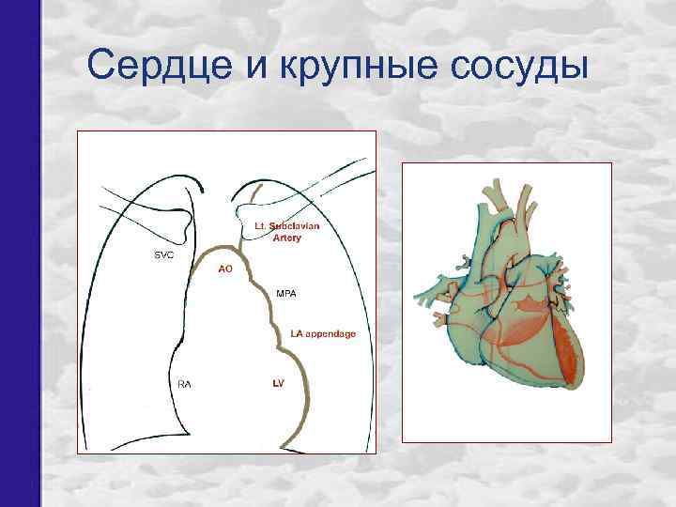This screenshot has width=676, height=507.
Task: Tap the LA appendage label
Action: pos(322,334)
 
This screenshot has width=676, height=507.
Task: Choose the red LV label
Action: pos(278,384)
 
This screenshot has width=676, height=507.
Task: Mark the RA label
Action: pos(184,384)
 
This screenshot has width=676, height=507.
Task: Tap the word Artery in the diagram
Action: pos(286,238)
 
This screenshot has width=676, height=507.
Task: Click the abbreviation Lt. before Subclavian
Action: pos(262,226)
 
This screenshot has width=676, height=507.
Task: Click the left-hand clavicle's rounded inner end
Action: pos(194,188)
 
